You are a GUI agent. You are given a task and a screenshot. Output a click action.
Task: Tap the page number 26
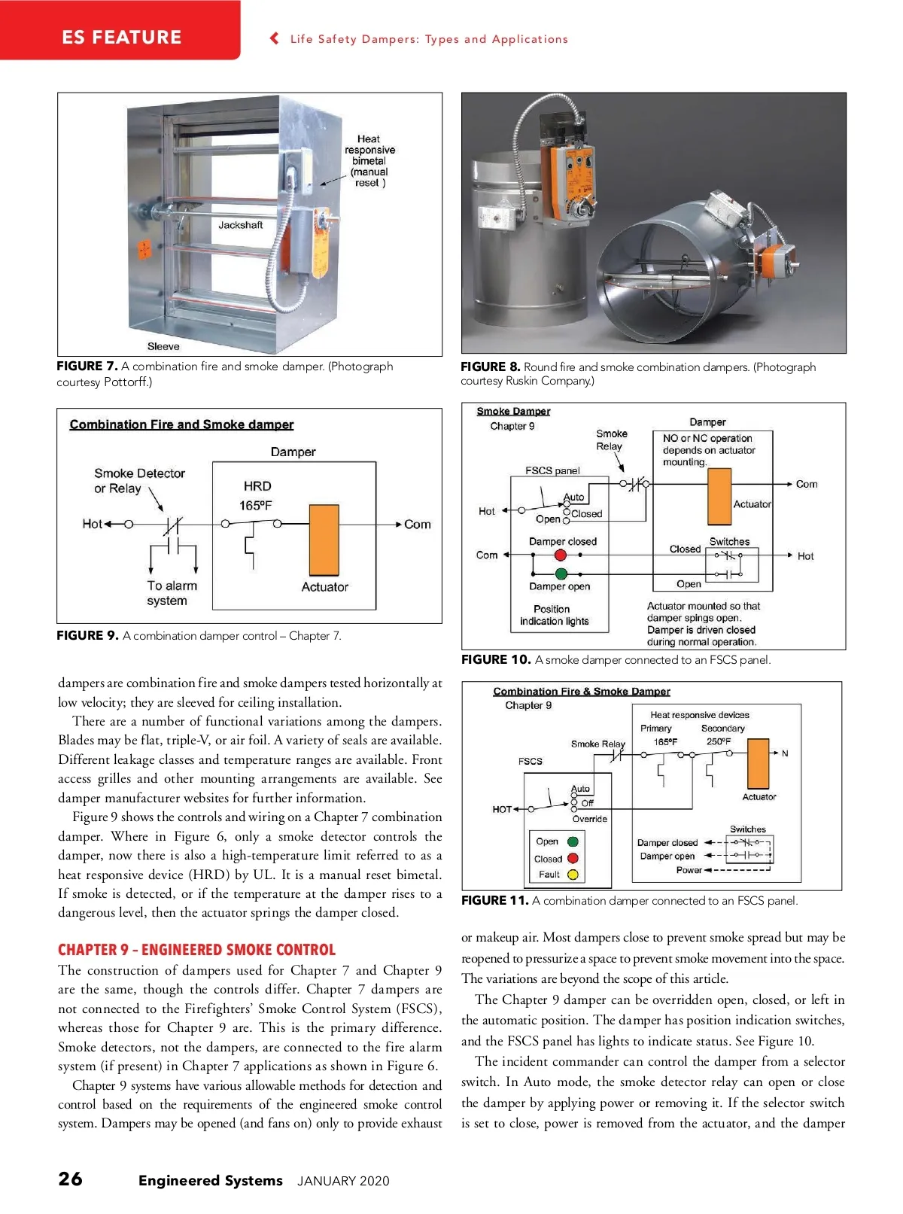point(71,1179)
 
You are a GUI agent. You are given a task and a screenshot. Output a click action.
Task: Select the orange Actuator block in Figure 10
point(719,496)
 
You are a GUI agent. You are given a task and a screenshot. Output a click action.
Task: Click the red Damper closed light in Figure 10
point(560,555)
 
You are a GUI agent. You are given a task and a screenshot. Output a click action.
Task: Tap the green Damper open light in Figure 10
point(561,574)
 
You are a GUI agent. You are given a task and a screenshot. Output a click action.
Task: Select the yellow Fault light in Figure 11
point(573,875)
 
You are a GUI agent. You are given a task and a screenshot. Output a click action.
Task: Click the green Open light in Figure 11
point(573,841)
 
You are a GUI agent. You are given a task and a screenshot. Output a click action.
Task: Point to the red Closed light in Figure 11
point(573,858)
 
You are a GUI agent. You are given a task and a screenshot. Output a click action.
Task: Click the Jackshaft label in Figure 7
point(241,225)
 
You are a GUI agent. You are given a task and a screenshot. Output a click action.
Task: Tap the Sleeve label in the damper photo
point(163,347)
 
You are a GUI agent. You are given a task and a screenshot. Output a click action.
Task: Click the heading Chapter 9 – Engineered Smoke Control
point(196,950)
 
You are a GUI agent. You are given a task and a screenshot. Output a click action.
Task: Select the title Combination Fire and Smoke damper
point(181,424)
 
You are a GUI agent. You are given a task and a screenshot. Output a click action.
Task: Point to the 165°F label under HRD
point(256,506)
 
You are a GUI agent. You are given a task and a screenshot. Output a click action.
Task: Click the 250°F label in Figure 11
point(719,741)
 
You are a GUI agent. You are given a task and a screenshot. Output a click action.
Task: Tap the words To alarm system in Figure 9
point(172,593)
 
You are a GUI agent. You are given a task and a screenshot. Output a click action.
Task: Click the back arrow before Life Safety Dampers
point(275,38)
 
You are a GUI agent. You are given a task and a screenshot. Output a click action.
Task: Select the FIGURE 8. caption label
point(490,367)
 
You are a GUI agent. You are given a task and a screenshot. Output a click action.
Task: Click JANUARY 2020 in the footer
point(343,1181)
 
